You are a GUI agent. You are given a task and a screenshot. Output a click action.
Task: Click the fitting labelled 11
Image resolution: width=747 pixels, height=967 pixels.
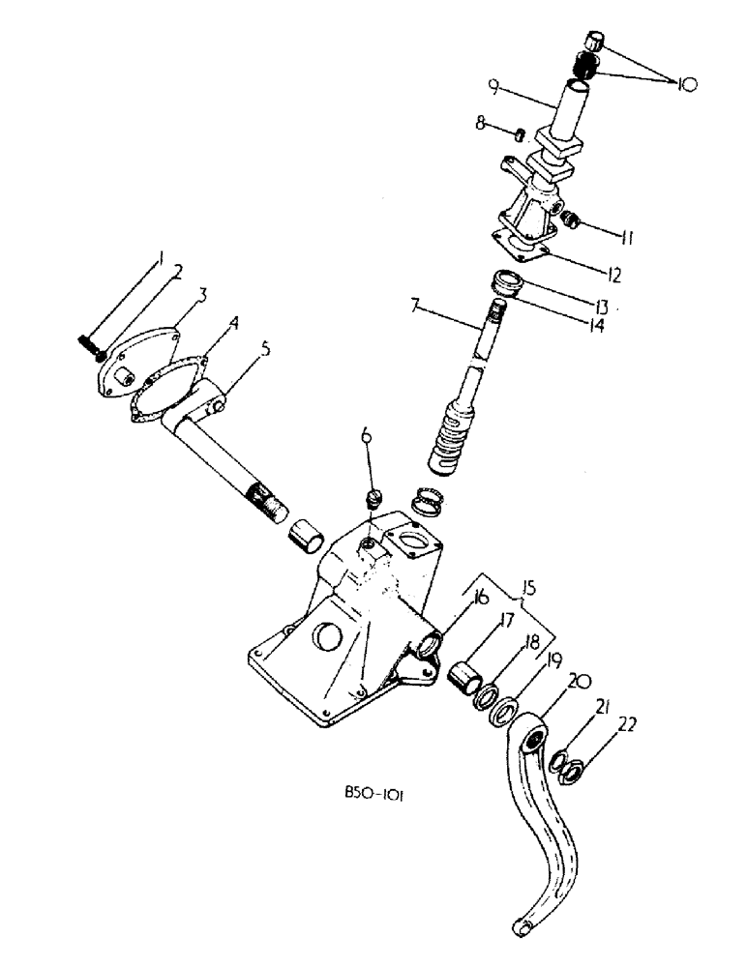click(x=573, y=222)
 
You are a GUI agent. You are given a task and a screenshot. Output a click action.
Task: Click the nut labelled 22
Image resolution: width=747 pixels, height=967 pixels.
click(x=572, y=769)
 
